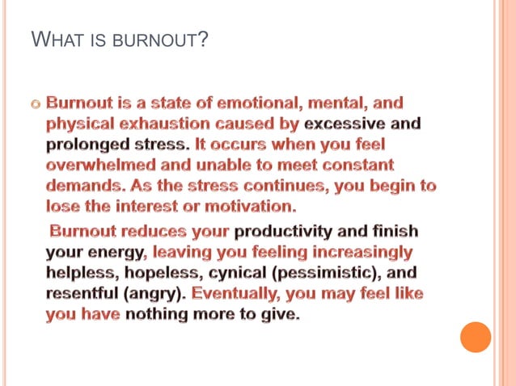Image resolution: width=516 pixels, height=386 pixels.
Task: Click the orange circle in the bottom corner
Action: [476, 337]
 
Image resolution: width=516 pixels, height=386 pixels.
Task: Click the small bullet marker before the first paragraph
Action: [34, 107]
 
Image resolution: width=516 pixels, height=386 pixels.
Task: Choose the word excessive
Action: [344, 125]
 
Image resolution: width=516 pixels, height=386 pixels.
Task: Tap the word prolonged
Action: [86, 145]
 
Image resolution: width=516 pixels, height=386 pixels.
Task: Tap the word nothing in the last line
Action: [164, 313]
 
